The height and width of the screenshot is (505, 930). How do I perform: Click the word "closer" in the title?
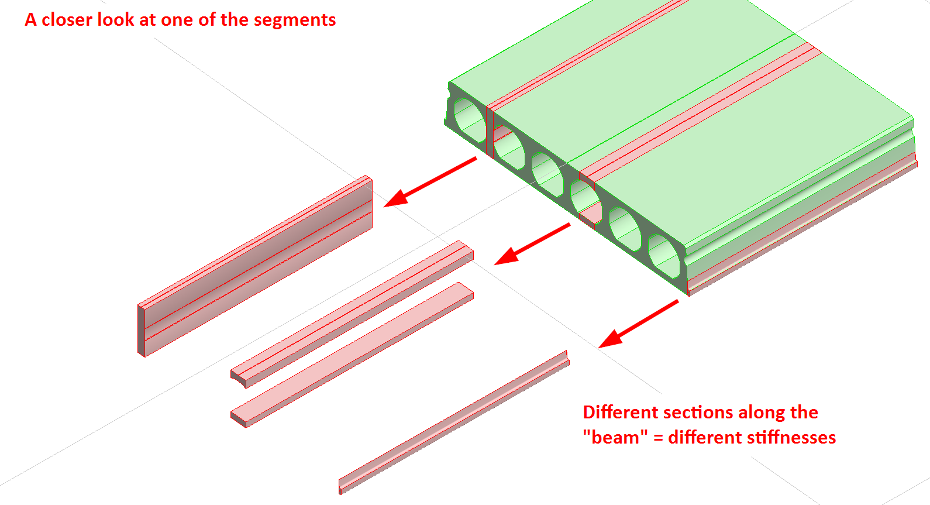pyautogui.click(x=67, y=20)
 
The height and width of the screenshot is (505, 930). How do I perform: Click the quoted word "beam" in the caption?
pyautogui.click(x=615, y=438)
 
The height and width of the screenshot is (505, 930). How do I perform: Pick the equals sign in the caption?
pyautogui.click(x=658, y=438)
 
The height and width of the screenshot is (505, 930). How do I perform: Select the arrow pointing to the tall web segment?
pyautogui.click(x=430, y=182)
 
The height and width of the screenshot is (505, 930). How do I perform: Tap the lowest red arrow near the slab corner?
pyautogui.click(x=638, y=324)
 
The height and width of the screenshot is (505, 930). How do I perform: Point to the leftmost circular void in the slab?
pyautogui.click(x=468, y=120)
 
